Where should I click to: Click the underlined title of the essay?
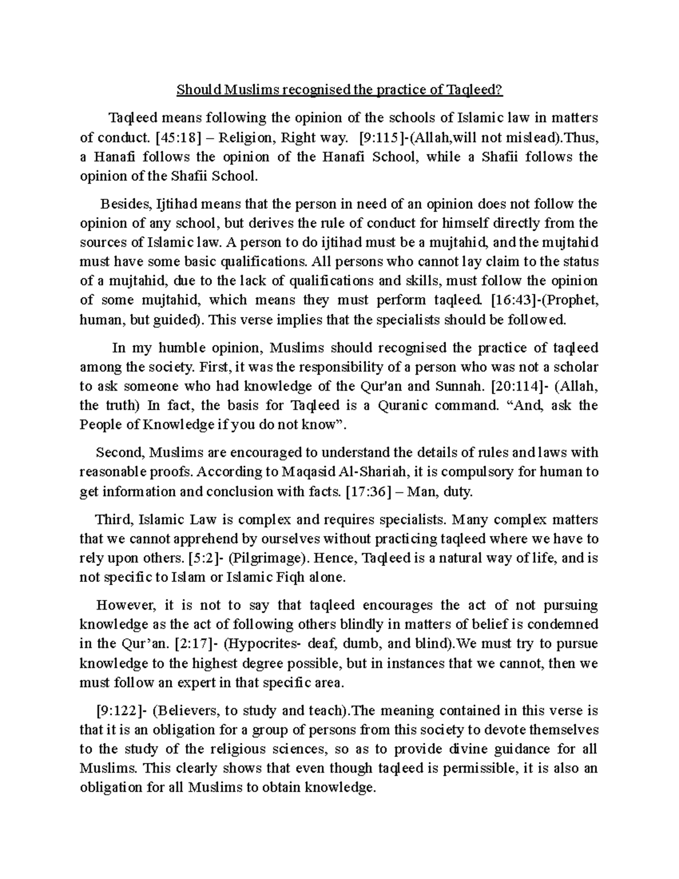click(x=339, y=89)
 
